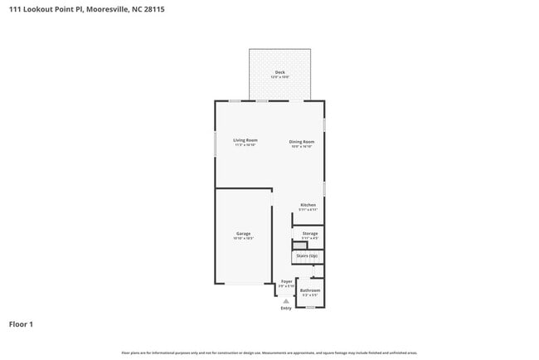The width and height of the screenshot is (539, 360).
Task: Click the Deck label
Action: (x=280, y=72)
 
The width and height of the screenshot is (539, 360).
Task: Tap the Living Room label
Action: (x=245, y=140)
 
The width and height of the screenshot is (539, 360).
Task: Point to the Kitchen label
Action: (x=308, y=205)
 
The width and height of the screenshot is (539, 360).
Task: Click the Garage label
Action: (x=243, y=233)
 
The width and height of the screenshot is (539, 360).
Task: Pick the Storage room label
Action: (x=309, y=234)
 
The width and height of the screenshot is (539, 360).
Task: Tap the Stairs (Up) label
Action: (x=307, y=255)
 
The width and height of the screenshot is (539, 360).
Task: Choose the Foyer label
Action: (x=286, y=281)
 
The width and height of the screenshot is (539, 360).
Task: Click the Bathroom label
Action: (x=310, y=290)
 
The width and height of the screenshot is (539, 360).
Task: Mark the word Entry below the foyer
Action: (x=286, y=309)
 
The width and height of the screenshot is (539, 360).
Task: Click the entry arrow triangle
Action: (x=286, y=300)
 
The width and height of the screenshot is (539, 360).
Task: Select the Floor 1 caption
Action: (x=21, y=324)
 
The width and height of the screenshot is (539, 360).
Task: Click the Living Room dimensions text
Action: (x=245, y=146)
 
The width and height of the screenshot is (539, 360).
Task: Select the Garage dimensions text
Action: (x=243, y=239)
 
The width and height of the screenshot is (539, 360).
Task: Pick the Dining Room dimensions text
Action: (x=301, y=146)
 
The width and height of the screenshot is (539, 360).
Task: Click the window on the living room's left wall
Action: (x=216, y=141)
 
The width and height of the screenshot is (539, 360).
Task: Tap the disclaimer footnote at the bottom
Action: (x=269, y=353)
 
